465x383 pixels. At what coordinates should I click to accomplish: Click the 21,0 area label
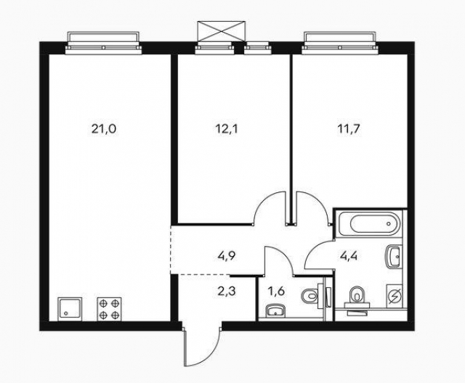(x=104, y=129)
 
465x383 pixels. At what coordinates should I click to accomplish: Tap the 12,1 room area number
(x=227, y=129)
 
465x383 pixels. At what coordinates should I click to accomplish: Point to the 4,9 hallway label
(x=226, y=255)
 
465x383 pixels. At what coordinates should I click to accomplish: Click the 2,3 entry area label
(x=226, y=292)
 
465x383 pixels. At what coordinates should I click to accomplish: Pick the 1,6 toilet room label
(x=276, y=292)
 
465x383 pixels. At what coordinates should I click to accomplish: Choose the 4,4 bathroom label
(x=349, y=255)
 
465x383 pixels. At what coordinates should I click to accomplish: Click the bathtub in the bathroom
(x=373, y=224)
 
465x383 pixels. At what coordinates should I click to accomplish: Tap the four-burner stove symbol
(x=110, y=309)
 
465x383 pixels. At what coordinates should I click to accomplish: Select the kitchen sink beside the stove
(x=70, y=309)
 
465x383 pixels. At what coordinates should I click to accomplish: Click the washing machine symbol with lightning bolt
(x=395, y=296)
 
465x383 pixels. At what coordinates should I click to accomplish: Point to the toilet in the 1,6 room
(x=312, y=295)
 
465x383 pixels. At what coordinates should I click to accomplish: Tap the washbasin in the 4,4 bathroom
(x=393, y=257)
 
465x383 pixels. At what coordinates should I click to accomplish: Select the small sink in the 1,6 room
(x=275, y=312)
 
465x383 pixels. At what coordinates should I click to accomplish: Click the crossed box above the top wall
(x=221, y=30)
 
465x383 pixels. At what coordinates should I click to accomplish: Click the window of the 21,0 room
(x=103, y=44)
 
